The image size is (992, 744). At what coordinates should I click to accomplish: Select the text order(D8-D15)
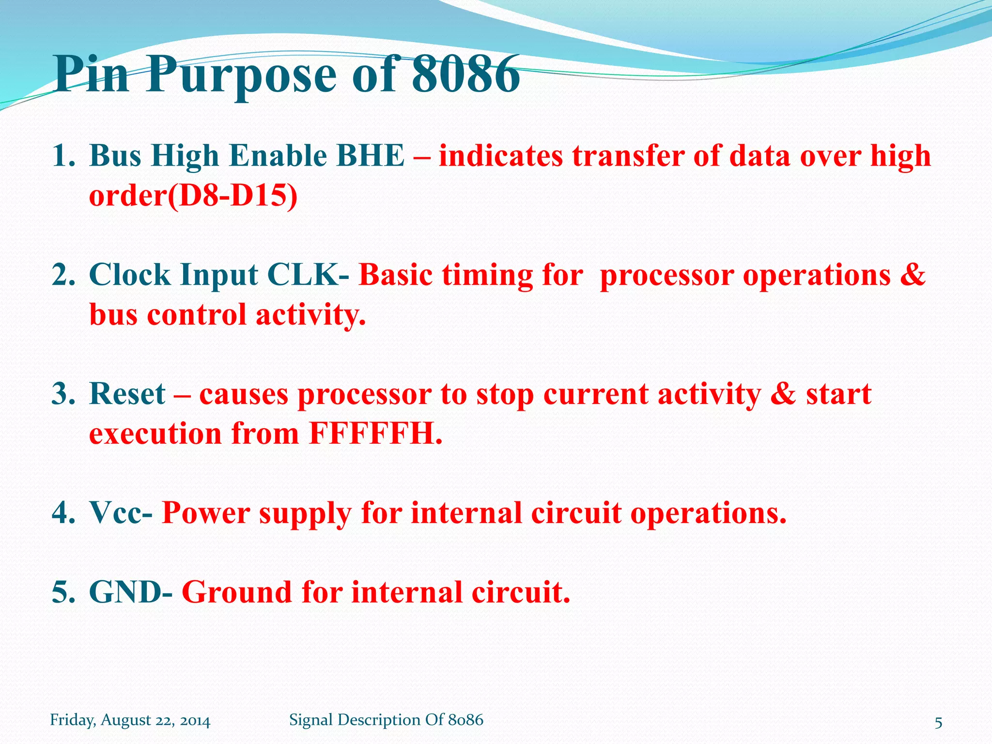point(193,196)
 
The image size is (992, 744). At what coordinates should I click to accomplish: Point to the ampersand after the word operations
point(913,274)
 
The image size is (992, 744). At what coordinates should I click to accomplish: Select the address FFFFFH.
point(376,434)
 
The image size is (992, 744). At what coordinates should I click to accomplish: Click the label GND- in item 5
point(131,592)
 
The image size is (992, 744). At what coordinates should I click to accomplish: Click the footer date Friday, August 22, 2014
point(130,720)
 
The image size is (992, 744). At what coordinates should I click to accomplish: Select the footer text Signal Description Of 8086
point(386,720)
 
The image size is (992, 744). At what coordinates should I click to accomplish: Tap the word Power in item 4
point(206,513)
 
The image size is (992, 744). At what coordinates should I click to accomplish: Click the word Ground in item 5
point(237,592)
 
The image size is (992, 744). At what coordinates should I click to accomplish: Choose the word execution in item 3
point(155,434)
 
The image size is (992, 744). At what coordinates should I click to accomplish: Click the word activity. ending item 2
point(310,315)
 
